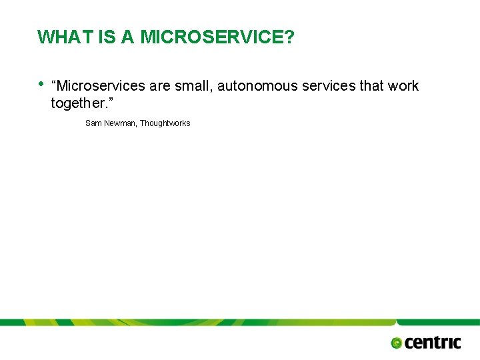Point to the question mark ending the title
pyautogui.click(x=288, y=37)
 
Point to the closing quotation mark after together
pyautogui.click(x=109, y=101)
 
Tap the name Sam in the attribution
pyautogui.click(x=93, y=123)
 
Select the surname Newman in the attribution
pyautogui.click(x=120, y=123)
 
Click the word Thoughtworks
pyautogui.click(x=165, y=123)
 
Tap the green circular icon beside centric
pyautogui.click(x=397, y=343)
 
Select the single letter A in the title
pyautogui.click(x=128, y=37)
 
